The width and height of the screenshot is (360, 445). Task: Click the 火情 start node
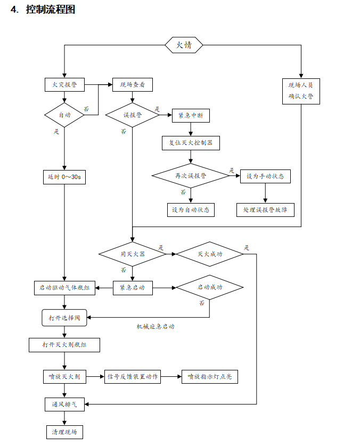click(x=184, y=45)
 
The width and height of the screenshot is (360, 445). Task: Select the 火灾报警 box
click(x=64, y=84)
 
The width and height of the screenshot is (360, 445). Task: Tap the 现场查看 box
click(x=133, y=84)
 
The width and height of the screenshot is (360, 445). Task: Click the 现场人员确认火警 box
click(x=301, y=91)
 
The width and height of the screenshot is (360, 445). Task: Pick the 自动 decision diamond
click(x=64, y=115)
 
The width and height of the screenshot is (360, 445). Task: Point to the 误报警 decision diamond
click(x=133, y=115)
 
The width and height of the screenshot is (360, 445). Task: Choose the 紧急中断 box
click(x=191, y=115)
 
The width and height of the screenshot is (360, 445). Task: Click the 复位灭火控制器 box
click(x=191, y=143)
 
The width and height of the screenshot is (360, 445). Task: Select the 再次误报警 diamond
click(x=191, y=175)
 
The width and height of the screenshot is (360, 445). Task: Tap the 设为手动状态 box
click(x=266, y=176)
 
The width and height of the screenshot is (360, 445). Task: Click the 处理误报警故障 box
click(x=265, y=209)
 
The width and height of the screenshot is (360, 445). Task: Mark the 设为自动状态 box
click(x=190, y=209)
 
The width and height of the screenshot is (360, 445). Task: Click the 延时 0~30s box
click(x=64, y=177)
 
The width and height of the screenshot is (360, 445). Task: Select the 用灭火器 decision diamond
click(x=133, y=254)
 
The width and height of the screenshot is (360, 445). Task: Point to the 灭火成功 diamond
click(x=210, y=254)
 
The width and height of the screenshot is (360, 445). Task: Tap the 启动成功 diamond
click(x=210, y=287)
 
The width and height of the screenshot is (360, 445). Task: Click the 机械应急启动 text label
click(x=156, y=326)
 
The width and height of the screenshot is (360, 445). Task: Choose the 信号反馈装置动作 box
click(x=132, y=377)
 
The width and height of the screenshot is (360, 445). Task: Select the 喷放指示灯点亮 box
click(x=209, y=377)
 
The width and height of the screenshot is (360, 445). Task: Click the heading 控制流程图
click(x=51, y=10)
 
